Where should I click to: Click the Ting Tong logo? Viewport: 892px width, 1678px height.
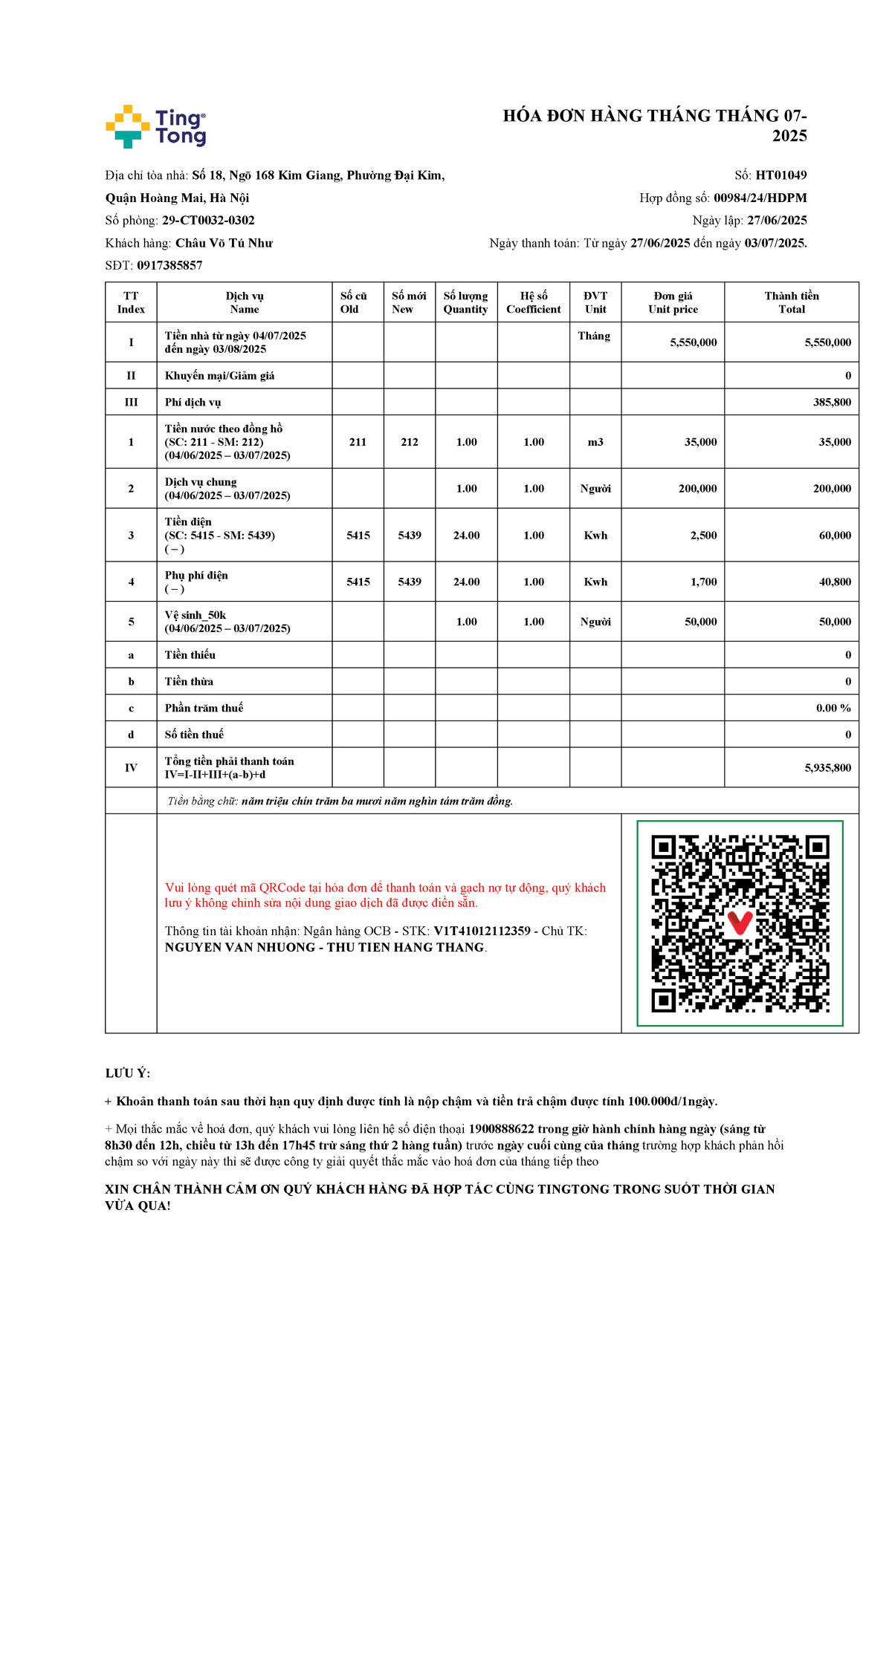tap(156, 126)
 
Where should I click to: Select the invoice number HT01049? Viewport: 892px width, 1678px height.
tap(780, 175)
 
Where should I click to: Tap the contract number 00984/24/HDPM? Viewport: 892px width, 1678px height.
tap(760, 198)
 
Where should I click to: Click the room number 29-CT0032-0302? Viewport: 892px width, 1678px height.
tap(208, 221)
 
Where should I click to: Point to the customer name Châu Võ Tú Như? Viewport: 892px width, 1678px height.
tap(224, 243)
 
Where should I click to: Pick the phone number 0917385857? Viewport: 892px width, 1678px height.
tap(169, 265)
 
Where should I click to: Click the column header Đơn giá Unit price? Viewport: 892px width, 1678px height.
tap(673, 302)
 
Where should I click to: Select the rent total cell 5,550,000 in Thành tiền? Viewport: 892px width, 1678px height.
tap(827, 342)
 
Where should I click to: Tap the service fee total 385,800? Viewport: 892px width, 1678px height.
tap(832, 402)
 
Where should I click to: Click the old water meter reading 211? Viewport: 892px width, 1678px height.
tap(358, 442)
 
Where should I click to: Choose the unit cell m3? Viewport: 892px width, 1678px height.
tap(595, 442)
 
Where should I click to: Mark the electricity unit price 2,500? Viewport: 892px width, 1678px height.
tap(703, 535)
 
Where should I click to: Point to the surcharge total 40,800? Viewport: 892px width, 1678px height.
tap(835, 582)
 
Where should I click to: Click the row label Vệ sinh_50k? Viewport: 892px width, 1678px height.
tap(195, 615)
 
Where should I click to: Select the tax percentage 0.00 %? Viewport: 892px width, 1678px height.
tap(833, 708)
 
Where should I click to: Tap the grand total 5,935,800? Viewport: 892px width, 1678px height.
tap(827, 767)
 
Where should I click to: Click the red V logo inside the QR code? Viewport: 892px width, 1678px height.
tap(740, 922)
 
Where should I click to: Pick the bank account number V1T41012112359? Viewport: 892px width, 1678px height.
tap(482, 931)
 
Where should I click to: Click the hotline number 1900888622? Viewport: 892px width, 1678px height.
tap(501, 1129)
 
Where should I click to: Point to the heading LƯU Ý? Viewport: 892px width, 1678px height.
tap(128, 1073)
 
